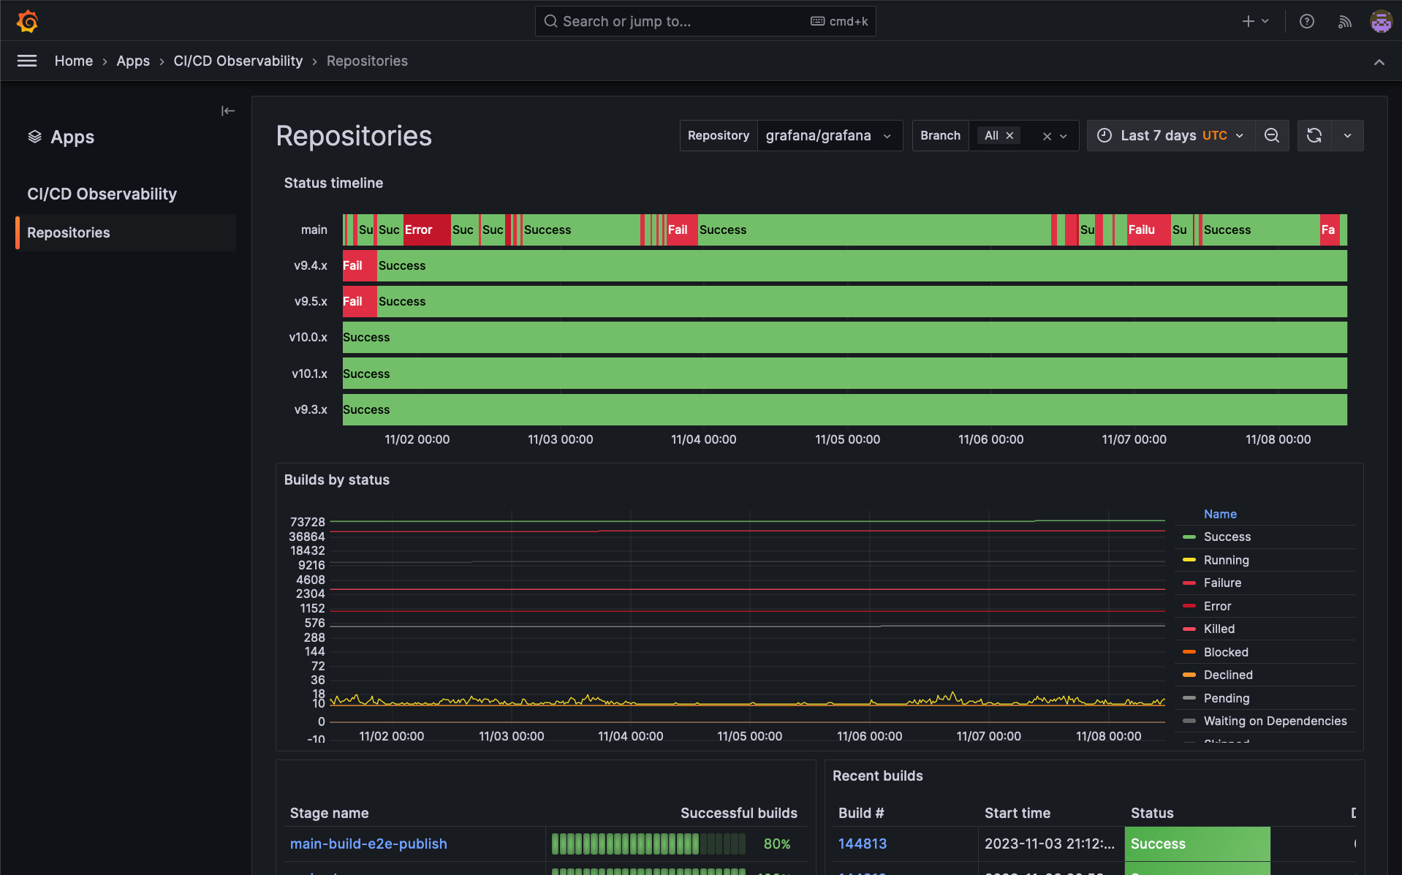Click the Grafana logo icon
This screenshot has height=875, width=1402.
tap(28, 21)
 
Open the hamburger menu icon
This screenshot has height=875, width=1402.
tap(27, 61)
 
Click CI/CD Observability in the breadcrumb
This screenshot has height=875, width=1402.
tap(238, 61)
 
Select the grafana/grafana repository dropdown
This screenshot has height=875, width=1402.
tap(827, 136)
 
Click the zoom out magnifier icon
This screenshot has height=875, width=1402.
tap(1272, 136)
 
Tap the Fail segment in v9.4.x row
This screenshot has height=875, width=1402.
tap(358, 265)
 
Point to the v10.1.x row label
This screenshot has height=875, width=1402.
tap(309, 374)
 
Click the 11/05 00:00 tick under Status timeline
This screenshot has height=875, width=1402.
tap(847, 439)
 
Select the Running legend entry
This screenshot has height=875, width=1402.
tap(1226, 560)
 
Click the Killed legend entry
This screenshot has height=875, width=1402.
tap(1219, 629)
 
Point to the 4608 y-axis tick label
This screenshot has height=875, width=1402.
tap(311, 580)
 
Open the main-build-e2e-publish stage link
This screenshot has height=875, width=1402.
tap(368, 844)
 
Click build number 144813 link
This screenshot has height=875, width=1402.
tap(863, 844)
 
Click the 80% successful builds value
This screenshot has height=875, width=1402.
tap(776, 844)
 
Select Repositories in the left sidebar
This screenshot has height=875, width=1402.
tap(69, 232)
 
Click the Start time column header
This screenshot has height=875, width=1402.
tap(1017, 813)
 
